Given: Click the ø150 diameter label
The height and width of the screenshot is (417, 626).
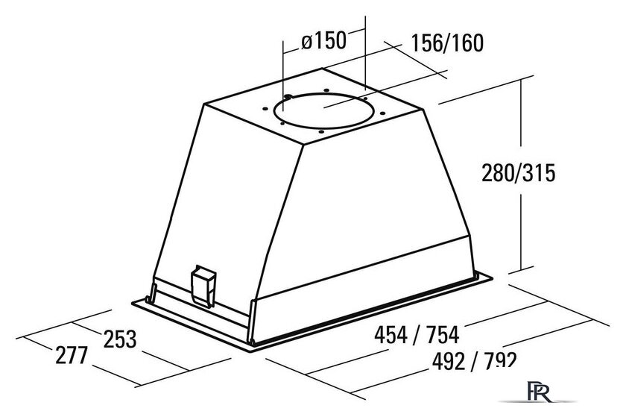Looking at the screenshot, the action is pos(323,41).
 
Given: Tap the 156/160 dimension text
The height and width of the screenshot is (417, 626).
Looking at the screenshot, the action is pos(447,43).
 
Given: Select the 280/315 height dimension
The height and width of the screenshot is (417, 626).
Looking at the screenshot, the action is pos(518,173).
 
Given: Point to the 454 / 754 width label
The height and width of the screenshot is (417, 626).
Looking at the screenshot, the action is pos(417,335).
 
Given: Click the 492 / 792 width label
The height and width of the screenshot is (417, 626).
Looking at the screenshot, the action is pos(474,361).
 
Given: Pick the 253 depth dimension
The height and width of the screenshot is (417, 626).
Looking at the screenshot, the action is pos(120,339).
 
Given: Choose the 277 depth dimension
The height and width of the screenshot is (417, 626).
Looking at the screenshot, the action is pos(71,355).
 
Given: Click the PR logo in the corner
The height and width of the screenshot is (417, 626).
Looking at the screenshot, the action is pos(540,392).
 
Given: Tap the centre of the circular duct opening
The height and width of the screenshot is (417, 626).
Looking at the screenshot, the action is pos(323,110).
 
